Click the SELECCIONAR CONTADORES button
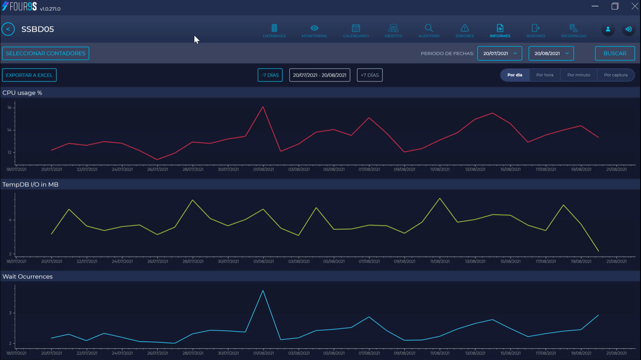coord(46,53)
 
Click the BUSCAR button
coord(614,53)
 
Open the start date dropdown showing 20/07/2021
coord(499,53)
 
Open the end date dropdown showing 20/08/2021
coord(551,53)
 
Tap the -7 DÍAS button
coord(270,75)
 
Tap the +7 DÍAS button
coord(369,75)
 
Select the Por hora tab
coord(545,75)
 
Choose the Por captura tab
coord(616,75)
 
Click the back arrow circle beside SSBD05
coord(8,29)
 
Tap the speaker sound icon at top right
coord(628,29)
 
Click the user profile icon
coord(608,29)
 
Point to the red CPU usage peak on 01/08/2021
coord(263,107)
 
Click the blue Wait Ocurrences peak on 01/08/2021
coord(263,291)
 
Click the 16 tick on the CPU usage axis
coord(10,108)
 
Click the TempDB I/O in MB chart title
coord(30,184)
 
